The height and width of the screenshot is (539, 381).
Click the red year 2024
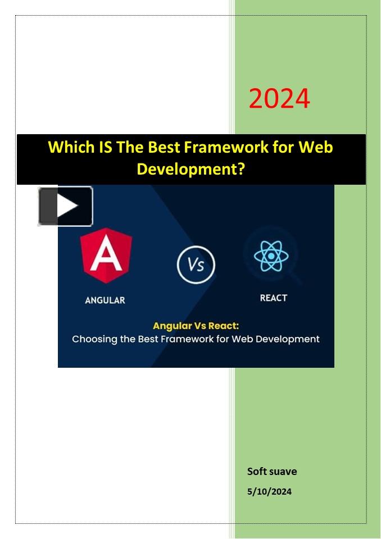[x=279, y=98]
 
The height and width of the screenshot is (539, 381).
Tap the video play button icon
[x=65, y=206]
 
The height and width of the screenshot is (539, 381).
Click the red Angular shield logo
[x=106, y=256]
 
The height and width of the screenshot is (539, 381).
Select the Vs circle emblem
[x=196, y=264]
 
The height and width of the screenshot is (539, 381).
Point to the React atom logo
[x=271, y=256]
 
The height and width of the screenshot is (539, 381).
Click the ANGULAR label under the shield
[x=105, y=300]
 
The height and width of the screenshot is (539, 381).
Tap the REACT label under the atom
[x=273, y=298]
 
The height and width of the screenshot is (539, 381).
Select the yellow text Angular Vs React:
[x=196, y=326]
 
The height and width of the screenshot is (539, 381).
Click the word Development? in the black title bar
[x=190, y=169]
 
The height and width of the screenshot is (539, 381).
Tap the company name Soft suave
[x=272, y=471]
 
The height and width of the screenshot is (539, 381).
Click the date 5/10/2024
[x=269, y=492]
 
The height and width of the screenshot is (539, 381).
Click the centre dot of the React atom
[x=271, y=256]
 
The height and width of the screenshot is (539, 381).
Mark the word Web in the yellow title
[x=316, y=147]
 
